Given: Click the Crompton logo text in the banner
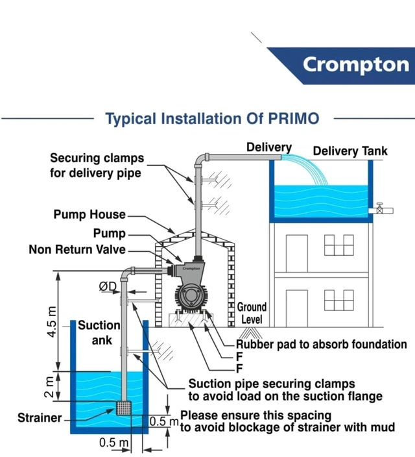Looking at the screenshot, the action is click(x=356, y=65).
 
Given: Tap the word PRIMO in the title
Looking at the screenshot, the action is click(x=294, y=119).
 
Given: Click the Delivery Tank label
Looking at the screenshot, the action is click(x=350, y=151).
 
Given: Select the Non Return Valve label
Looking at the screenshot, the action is click(x=77, y=249).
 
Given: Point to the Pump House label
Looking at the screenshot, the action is click(x=89, y=214).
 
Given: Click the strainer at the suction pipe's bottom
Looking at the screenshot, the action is click(x=123, y=408).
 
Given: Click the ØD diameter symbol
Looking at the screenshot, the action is click(x=108, y=286).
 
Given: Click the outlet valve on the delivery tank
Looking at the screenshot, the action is click(x=379, y=208).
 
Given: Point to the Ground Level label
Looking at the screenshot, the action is click(x=252, y=313).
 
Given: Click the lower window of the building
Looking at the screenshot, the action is click(x=338, y=300).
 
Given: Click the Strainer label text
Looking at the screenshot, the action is click(x=40, y=417).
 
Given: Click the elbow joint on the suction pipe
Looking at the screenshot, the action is click(x=127, y=274).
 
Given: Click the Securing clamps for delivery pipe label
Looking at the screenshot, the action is click(x=97, y=166).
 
